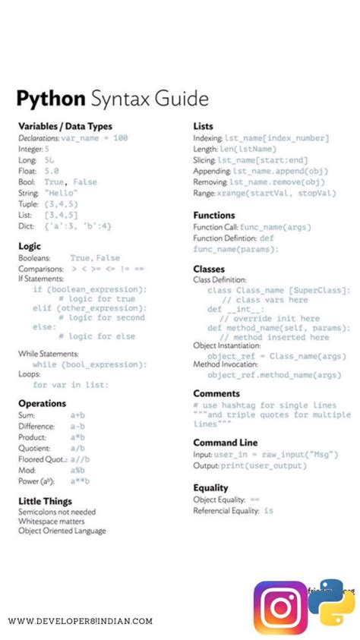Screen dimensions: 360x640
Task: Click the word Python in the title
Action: [51, 99]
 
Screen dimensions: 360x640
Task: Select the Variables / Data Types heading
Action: [65, 126]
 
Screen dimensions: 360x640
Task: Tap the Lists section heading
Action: [203, 126]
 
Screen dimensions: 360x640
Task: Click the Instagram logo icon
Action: [279, 607]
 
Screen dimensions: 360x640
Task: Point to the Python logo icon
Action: [332, 602]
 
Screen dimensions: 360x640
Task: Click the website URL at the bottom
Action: [80, 621]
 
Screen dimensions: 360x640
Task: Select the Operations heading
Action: [42, 403]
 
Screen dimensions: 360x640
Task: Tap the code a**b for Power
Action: [80, 481]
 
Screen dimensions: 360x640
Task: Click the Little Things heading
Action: [45, 501]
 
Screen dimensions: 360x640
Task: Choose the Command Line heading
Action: [225, 443]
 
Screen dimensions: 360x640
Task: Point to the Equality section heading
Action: [210, 487]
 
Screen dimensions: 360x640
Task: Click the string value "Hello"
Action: [60, 193]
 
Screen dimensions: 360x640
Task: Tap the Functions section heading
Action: [213, 216]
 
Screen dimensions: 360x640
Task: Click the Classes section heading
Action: [208, 269]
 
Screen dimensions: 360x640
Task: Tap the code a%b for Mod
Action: [77, 470]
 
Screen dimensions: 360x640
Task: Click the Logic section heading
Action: [30, 246]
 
